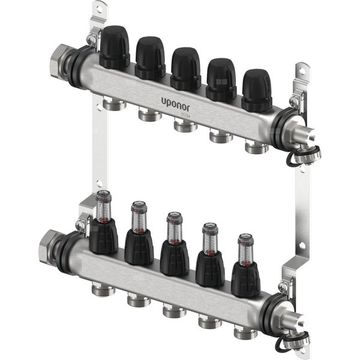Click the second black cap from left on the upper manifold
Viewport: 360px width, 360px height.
(x=150, y=58)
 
